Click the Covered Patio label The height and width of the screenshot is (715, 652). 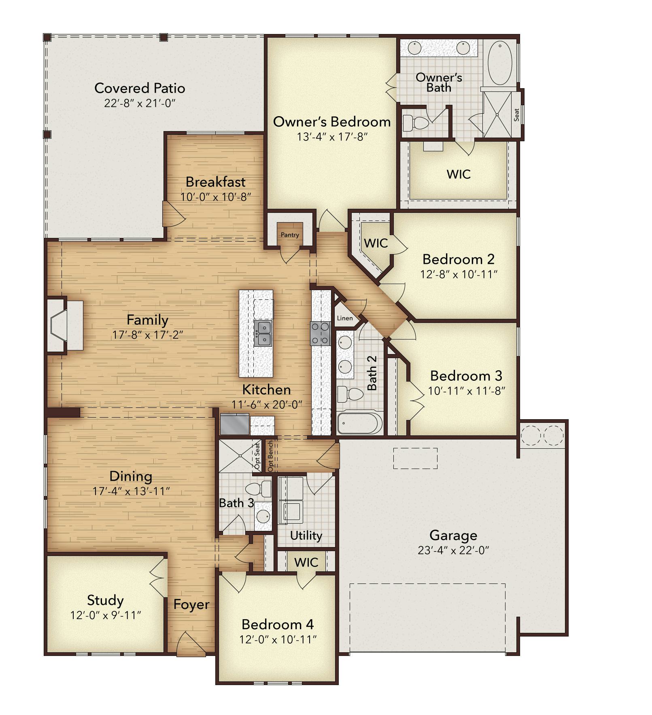click(x=140, y=88)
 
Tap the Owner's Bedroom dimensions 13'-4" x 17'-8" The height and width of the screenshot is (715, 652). click(x=332, y=137)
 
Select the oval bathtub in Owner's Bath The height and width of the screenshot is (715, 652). click(x=500, y=64)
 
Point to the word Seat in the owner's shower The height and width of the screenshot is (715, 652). click(x=516, y=115)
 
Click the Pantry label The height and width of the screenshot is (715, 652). click(x=290, y=235)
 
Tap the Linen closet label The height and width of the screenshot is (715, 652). click(x=345, y=318)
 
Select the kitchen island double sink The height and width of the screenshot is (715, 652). click(x=263, y=333)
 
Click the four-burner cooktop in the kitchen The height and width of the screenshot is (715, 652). click(x=320, y=333)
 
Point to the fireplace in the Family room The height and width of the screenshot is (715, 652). click(x=65, y=325)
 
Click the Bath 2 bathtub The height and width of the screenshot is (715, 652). click(x=360, y=423)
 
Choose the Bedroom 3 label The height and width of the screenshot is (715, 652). click(x=466, y=376)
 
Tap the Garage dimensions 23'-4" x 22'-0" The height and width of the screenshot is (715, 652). click(x=453, y=550)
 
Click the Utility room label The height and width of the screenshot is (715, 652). click(x=306, y=535)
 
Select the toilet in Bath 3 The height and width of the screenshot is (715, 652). click(x=258, y=489)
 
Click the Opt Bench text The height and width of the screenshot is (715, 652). click(x=270, y=456)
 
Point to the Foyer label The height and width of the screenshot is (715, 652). click(x=191, y=605)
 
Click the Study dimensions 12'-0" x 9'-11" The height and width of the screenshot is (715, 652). click(x=106, y=615)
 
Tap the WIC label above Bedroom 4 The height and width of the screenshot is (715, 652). click(x=306, y=562)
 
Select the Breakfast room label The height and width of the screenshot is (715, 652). click(x=216, y=182)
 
